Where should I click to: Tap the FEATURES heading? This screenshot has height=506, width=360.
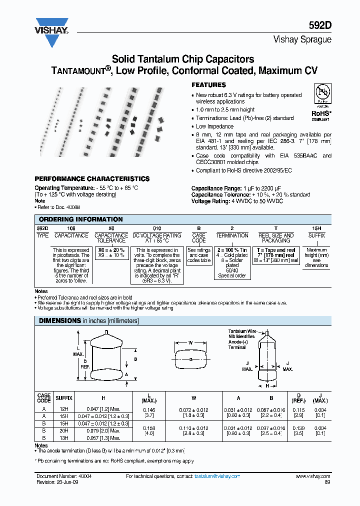[208, 85]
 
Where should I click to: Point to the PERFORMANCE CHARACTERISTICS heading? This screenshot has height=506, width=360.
[91, 178]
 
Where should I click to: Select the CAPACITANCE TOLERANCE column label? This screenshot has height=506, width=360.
[111, 237]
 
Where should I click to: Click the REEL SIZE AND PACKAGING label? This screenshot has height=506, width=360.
[275, 237]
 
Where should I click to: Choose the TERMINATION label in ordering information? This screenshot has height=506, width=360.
[232, 235]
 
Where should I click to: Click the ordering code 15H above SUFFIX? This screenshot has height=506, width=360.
[316, 227]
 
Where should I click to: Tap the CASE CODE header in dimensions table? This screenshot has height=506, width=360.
[44, 398]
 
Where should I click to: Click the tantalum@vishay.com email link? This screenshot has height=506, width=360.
[217, 477]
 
